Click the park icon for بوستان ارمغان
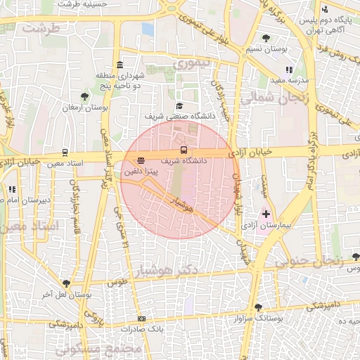coord(85,96)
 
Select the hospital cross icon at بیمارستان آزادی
coord(266,213)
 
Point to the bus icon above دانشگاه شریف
coord(184,150)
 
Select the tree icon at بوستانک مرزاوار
coord(258,307)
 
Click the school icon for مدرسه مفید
coord(289,70)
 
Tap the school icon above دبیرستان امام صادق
coord(12,188)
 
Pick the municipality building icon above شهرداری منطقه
coord(120,65)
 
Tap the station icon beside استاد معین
coord(65,152)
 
